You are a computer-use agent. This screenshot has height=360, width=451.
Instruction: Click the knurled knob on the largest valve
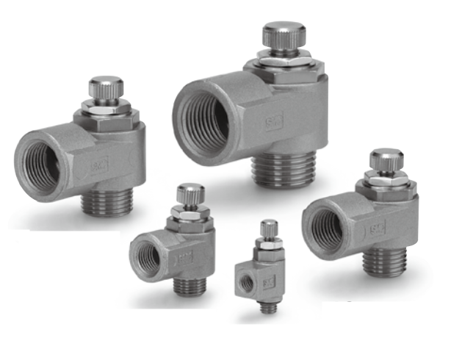pos(284,36)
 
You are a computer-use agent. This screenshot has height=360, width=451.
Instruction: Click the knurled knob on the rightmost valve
pos(386,157)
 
